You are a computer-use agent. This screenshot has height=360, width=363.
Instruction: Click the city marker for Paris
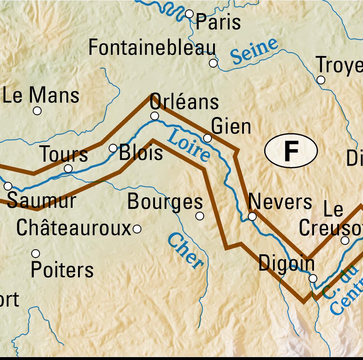189,14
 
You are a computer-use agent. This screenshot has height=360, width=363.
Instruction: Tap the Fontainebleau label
152,48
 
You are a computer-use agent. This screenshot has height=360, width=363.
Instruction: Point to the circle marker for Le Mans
37,111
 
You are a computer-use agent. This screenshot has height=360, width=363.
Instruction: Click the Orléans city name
184,102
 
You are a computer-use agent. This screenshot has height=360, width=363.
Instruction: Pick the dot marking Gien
207,138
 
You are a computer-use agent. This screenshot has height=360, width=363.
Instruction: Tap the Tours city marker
68,169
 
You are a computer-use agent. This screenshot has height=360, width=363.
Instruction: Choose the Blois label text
141,153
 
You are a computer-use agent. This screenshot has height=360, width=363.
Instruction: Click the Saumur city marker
8,186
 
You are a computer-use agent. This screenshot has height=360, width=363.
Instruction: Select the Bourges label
165,202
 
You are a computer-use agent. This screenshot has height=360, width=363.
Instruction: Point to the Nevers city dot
252,217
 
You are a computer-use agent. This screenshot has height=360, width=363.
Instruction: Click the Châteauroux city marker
137,229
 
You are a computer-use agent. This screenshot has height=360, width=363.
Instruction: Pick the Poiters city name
62,270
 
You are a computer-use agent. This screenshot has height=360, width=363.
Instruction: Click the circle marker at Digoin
313,279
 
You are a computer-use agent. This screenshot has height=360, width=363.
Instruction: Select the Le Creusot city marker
345,240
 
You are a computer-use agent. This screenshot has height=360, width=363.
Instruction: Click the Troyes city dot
321,80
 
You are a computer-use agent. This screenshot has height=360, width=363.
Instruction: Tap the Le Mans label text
41,96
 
